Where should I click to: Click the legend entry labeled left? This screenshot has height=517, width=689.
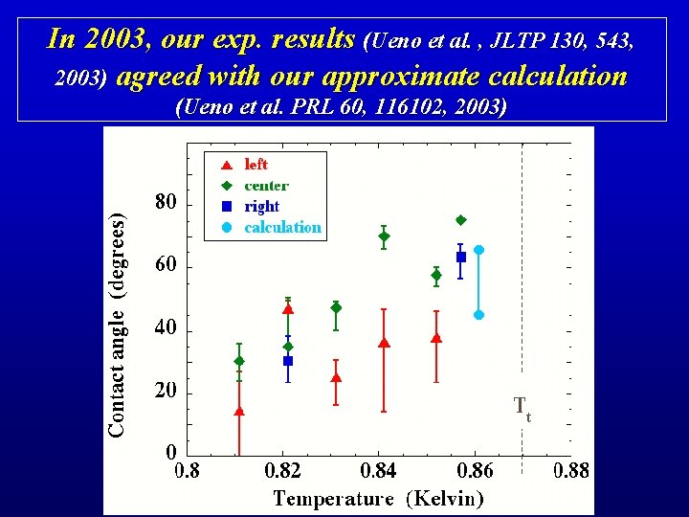pos(256,165)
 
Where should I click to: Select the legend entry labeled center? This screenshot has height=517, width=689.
pos(266,186)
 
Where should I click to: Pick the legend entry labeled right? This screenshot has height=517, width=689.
pos(261,207)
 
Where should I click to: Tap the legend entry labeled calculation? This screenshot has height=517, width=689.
pos(282,228)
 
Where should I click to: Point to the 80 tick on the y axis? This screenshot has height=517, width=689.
pos(167,203)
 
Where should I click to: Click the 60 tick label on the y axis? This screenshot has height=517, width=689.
pos(167,265)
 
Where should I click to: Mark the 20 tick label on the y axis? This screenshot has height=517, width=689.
pos(167,392)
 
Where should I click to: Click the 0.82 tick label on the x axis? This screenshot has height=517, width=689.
pos(282,470)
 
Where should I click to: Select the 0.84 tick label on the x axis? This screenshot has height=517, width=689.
pos(380,470)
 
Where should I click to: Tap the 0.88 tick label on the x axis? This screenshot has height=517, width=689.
pos(570,470)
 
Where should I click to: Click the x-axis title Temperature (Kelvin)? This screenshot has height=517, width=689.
pos(378,498)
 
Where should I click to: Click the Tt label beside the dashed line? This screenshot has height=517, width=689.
pos(522,408)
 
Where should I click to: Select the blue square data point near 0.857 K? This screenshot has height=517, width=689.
pos(461,257)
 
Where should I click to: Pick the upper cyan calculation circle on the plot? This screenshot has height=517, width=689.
pos(478,250)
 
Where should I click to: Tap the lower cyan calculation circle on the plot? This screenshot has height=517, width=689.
pos(478,314)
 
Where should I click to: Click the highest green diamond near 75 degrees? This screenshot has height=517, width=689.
pos(460,220)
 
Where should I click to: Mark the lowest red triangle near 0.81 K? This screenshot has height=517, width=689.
pos(239,412)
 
